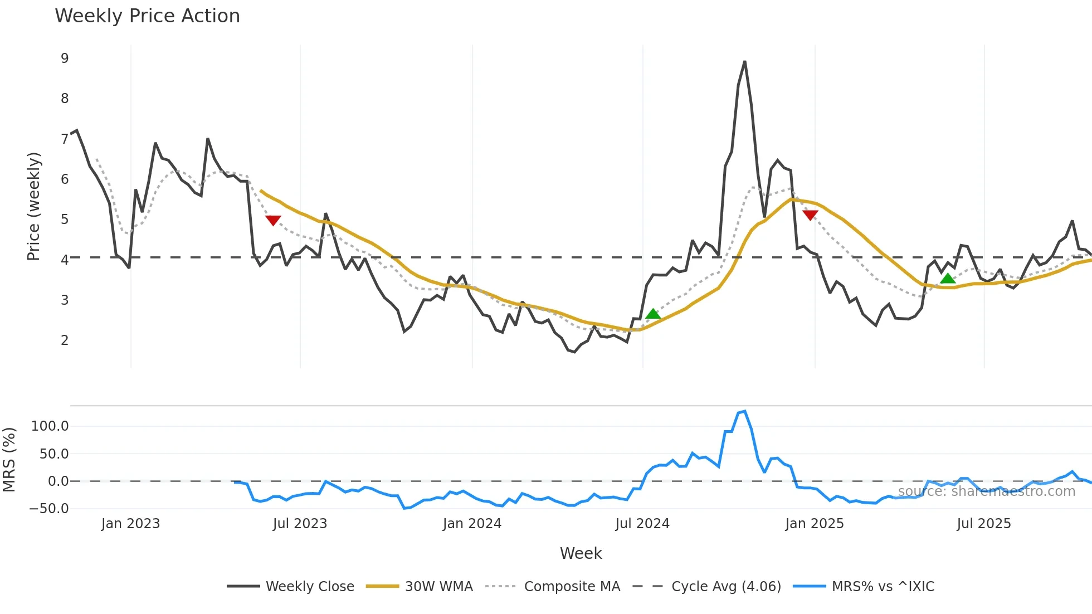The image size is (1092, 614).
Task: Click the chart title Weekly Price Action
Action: (x=147, y=16)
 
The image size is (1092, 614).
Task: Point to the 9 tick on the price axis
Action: (x=65, y=59)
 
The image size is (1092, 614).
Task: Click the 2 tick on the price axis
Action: (x=65, y=340)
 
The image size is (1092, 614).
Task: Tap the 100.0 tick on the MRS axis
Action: (x=50, y=426)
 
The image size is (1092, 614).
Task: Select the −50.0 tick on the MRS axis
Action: (x=49, y=508)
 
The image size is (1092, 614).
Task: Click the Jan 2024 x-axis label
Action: (x=472, y=524)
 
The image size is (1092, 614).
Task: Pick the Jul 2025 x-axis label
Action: (x=983, y=524)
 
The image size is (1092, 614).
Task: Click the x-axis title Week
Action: (x=581, y=553)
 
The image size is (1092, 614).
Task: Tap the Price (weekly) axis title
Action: (x=33, y=206)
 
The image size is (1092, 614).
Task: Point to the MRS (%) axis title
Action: (x=9, y=460)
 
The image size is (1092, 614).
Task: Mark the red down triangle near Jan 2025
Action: (x=810, y=215)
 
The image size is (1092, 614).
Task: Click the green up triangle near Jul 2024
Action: (x=653, y=314)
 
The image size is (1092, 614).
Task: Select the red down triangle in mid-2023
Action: (x=273, y=220)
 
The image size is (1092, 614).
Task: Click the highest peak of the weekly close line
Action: (x=745, y=62)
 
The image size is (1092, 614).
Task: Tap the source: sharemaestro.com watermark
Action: (x=986, y=491)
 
